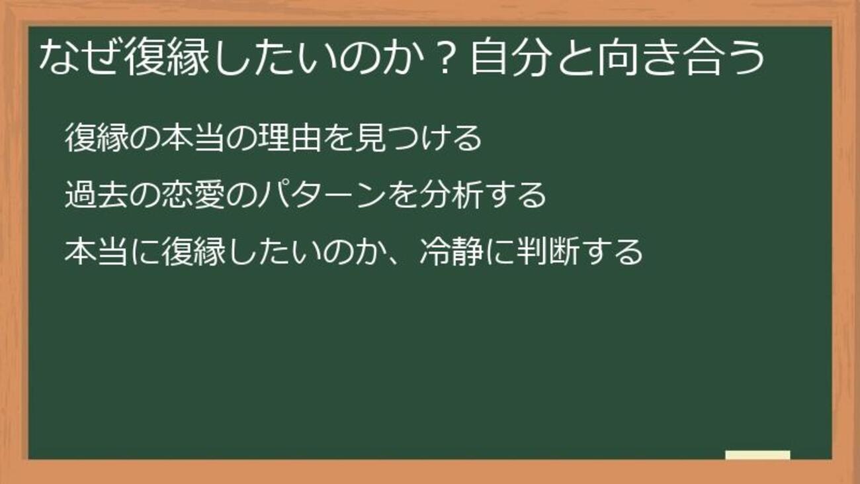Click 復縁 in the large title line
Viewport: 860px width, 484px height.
click(x=167, y=57)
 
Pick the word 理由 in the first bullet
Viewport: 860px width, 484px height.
click(x=290, y=138)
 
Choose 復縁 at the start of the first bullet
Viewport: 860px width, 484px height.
click(x=97, y=138)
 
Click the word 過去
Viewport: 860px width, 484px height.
click(x=97, y=195)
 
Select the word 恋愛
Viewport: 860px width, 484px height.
click(x=193, y=195)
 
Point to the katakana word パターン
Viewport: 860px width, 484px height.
click(x=322, y=195)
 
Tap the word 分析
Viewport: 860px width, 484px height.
click(x=450, y=195)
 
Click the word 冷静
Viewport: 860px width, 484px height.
click(x=451, y=252)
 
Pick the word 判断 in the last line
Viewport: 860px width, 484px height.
click(x=548, y=252)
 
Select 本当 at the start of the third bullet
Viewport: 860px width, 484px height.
click(x=97, y=252)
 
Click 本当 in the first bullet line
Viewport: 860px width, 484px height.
click(x=193, y=138)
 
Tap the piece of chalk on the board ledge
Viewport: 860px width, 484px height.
click(x=757, y=455)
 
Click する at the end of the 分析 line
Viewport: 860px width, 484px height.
click(x=515, y=195)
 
